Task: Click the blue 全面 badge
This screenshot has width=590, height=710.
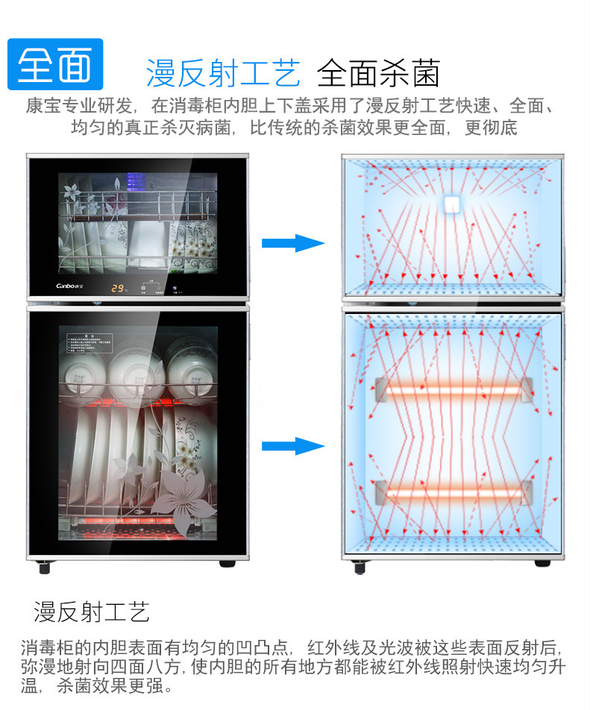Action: [54, 65]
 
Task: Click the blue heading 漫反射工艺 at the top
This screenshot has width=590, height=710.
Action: [223, 74]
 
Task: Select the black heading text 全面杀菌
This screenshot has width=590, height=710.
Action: [378, 74]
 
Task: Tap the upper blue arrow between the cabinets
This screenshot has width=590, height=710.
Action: [292, 243]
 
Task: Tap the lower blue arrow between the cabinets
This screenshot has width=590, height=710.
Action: [292, 446]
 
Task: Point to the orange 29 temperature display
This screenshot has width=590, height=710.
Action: [119, 287]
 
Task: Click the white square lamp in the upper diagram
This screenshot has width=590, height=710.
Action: [451, 204]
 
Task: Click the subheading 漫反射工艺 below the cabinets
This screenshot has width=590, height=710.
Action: [91, 612]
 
